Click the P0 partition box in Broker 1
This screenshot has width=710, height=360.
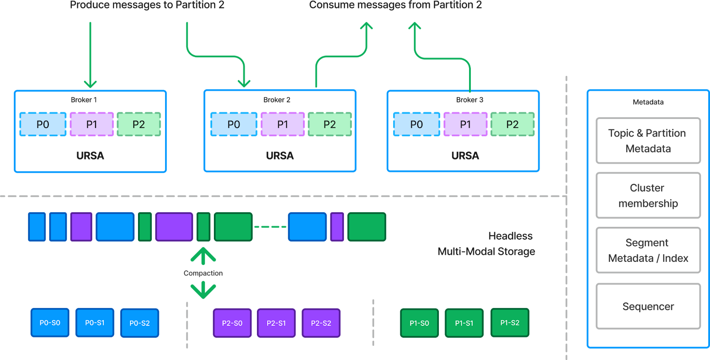click(43, 124)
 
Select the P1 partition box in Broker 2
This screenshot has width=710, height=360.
click(283, 124)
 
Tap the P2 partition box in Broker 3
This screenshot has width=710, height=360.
click(513, 124)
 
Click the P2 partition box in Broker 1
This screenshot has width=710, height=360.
click(138, 124)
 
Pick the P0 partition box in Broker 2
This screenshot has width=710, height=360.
click(234, 124)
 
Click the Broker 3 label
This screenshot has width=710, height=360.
click(469, 100)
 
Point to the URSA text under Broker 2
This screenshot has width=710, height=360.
click(280, 156)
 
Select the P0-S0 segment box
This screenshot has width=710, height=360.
click(50, 323)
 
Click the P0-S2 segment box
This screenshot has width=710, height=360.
click(139, 323)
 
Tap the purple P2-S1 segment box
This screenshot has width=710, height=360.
click(276, 323)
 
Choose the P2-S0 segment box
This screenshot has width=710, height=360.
click(232, 323)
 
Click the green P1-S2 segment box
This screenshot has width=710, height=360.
click(510, 323)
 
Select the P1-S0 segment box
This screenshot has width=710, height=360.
click(419, 323)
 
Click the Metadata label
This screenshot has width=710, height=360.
click(648, 102)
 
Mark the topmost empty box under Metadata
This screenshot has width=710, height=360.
click(648, 141)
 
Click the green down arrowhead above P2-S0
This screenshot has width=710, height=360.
click(203, 291)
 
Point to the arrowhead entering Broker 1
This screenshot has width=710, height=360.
click(90, 84)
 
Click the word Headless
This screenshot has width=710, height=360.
click(510, 236)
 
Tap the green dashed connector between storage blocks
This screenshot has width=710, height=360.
click(270, 227)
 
